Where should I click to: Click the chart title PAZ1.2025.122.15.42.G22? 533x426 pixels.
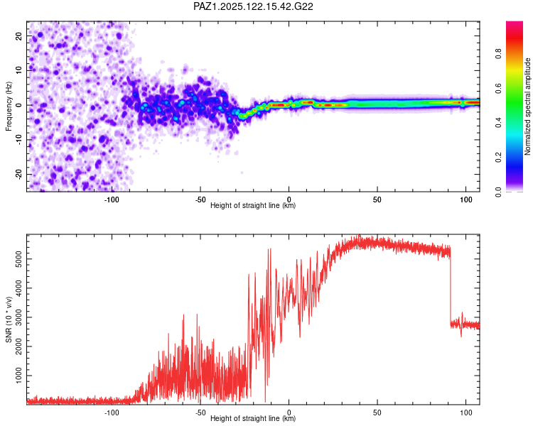[x=253, y=6]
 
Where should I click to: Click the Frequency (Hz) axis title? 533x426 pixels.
[x=9, y=106]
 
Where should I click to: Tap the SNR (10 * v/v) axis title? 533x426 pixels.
[x=9, y=319]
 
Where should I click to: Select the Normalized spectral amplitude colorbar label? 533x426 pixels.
[x=527, y=106]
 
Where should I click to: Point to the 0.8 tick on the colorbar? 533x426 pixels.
[x=498, y=54]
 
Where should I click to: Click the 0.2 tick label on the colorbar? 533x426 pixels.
[x=498, y=158]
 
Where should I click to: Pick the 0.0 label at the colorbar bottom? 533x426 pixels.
[x=498, y=192]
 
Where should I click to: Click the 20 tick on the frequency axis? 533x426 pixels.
[x=19, y=35]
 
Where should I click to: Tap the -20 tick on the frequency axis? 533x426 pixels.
[x=19, y=175]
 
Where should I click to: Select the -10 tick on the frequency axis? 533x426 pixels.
[x=19, y=140]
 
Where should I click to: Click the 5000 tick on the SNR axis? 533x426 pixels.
[x=19, y=259]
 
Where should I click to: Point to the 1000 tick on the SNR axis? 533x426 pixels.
[x=19, y=376]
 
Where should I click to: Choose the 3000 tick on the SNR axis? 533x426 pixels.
[x=19, y=317]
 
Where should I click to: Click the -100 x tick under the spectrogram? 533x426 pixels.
[x=112, y=200]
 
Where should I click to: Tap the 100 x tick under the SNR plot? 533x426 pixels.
[x=466, y=413]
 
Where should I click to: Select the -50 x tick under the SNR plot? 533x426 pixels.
[x=200, y=413]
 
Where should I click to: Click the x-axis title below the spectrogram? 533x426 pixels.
[x=253, y=205]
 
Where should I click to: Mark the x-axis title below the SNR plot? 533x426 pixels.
[x=253, y=418]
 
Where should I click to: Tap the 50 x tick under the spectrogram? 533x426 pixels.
[x=377, y=200]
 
